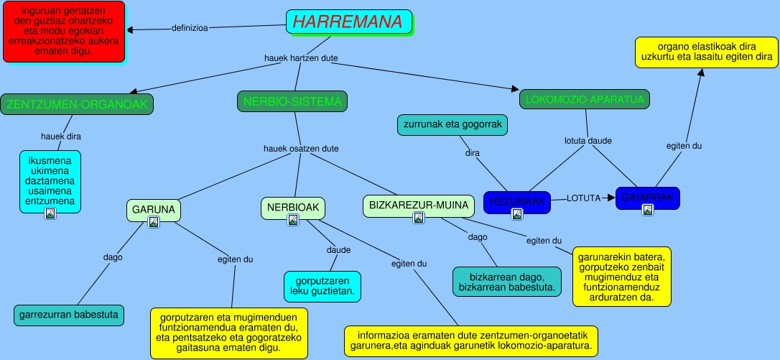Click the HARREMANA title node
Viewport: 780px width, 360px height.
(x=348, y=22)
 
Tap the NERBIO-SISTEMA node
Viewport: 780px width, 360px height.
(x=292, y=102)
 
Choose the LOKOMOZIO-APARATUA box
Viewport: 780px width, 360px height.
(x=584, y=99)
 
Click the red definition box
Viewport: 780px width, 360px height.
(x=63, y=32)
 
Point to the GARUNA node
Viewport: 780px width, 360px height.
(x=154, y=210)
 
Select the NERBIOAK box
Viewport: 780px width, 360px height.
(x=292, y=208)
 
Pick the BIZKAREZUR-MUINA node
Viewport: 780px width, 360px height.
(x=419, y=206)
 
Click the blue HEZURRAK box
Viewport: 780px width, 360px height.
(x=516, y=202)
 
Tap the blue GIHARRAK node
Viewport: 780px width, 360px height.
(x=647, y=198)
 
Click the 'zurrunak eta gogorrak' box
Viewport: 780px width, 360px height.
(x=452, y=125)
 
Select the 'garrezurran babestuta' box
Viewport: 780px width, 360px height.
(x=69, y=315)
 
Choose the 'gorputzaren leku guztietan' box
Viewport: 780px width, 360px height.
(x=322, y=286)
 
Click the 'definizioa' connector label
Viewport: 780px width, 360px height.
(x=190, y=29)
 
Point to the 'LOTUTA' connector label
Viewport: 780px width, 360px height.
(x=583, y=198)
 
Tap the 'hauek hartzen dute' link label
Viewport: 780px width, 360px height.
(x=302, y=57)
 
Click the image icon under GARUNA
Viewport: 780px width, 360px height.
(x=153, y=223)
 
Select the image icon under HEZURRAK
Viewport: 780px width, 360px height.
(x=516, y=214)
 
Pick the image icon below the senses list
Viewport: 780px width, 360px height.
(x=50, y=213)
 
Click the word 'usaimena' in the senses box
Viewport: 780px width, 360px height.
(x=51, y=191)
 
